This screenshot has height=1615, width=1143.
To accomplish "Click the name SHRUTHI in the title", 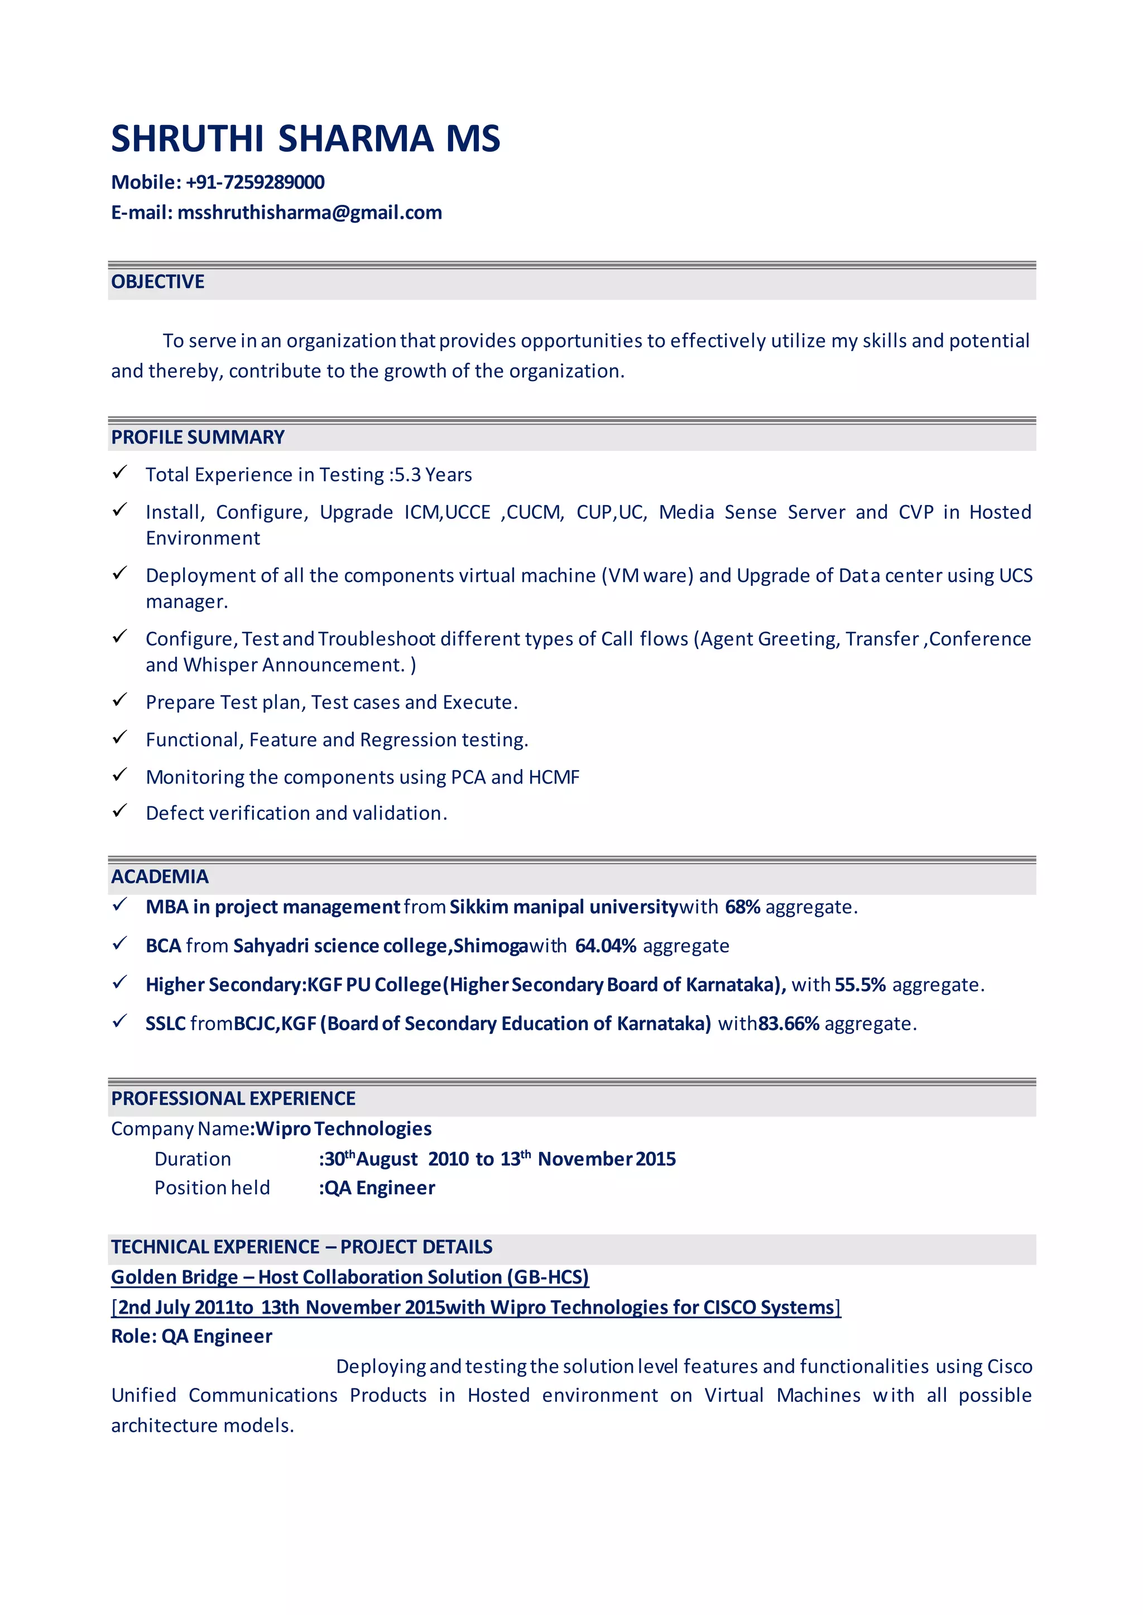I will pyautogui.click(x=187, y=138).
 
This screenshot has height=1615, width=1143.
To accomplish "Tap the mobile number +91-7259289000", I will pyautogui.click(x=255, y=182).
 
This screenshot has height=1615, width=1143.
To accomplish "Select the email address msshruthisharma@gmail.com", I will pyautogui.click(x=310, y=213).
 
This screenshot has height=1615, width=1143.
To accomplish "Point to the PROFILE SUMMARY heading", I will pyautogui.click(x=198, y=437).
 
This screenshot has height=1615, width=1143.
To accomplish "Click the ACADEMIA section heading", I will pyautogui.click(x=160, y=876).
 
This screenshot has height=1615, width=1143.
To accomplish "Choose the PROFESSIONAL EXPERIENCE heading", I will pyautogui.click(x=233, y=1098).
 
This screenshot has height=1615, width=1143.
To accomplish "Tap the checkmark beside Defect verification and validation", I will pyautogui.click(x=119, y=811).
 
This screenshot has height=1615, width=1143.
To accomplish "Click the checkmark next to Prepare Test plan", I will pyautogui.click(x=119, y=700).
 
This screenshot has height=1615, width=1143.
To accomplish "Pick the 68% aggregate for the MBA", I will pyautogui.click(x=742, y=907).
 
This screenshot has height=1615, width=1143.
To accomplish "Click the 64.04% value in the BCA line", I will pyautogui.click(x=606, y=946).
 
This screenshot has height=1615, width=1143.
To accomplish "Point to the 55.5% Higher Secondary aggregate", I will pyautogui.click(x=860, y=984).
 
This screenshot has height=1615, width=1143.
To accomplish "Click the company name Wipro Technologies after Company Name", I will pyautogui.click(x=343, y=1129).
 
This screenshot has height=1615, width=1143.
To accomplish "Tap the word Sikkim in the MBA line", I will pyautogui.click(x=479, y=907).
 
